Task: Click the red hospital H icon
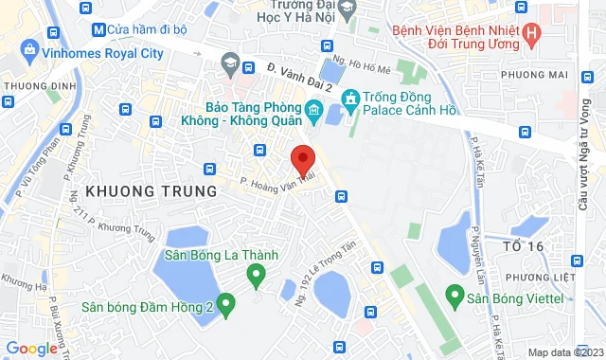(x=530, y=35)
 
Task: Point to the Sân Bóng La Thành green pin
(x=255, y=276)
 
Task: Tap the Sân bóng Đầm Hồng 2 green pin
(x=225, y=304)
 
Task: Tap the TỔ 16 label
(x=516, y=246)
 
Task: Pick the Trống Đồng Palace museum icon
(x=349, y=99)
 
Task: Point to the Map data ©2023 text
(x=564, y=352)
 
